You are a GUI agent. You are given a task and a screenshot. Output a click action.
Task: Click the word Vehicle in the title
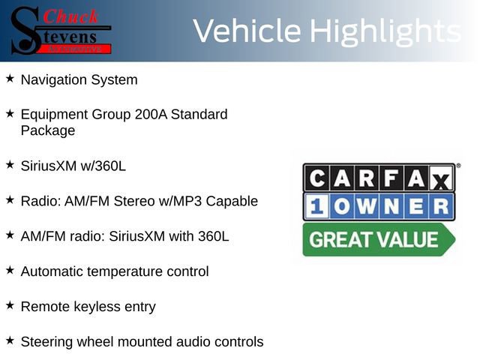click(248, 31)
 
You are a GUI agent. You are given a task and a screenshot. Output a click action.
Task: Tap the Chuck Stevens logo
click(61, 30)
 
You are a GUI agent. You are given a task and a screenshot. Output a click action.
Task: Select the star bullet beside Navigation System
click(10, 78)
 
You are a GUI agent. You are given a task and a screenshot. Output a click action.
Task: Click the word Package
click(48, 130)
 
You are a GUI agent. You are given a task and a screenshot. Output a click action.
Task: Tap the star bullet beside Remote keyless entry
click(10, 305)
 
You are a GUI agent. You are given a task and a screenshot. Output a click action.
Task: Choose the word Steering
click(46, 342)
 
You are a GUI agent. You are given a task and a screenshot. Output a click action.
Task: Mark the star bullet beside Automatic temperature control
click(10, 269)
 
